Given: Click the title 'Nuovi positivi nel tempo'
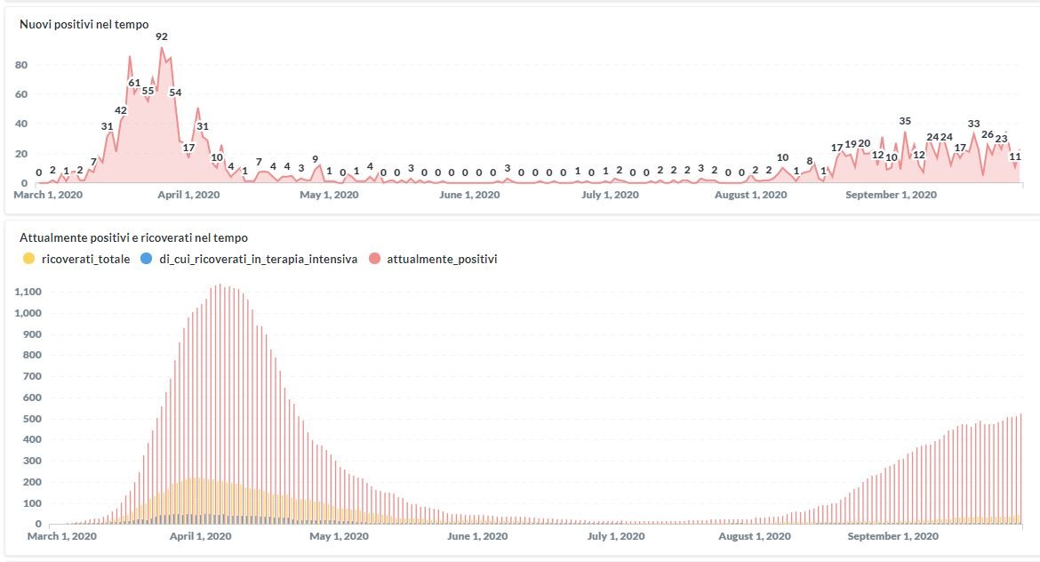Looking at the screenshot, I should [x=84, y=24].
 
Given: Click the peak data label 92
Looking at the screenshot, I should [x=161, y=36].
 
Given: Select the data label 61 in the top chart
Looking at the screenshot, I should [x=134, y=83].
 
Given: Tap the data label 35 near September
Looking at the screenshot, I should [x=905, y=121].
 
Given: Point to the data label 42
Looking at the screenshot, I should [x=121, y=110].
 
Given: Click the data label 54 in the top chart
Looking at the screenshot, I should [x=175, y=92].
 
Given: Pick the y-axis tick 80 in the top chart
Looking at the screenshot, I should [x=20, y=65].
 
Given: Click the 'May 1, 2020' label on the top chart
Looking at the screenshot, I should [x=329, y=195].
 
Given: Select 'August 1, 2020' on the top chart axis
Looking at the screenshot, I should [x=750, y=195].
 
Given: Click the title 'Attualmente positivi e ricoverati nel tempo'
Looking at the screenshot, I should [x=133, y=237].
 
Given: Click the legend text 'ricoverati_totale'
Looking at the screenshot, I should [x=85, y=259].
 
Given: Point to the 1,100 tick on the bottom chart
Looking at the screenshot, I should [x=28, y=292].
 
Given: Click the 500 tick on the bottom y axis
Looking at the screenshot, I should [x=33, y=418].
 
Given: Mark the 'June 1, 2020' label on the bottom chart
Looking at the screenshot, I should [x=477, y=536].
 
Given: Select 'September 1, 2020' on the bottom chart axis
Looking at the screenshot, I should [x=892, y=536].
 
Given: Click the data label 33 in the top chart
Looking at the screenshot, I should [x=973, y=124].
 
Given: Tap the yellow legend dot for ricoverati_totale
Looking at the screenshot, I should [x=28, y=259].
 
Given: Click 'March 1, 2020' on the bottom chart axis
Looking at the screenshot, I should [x=61, y=536].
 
